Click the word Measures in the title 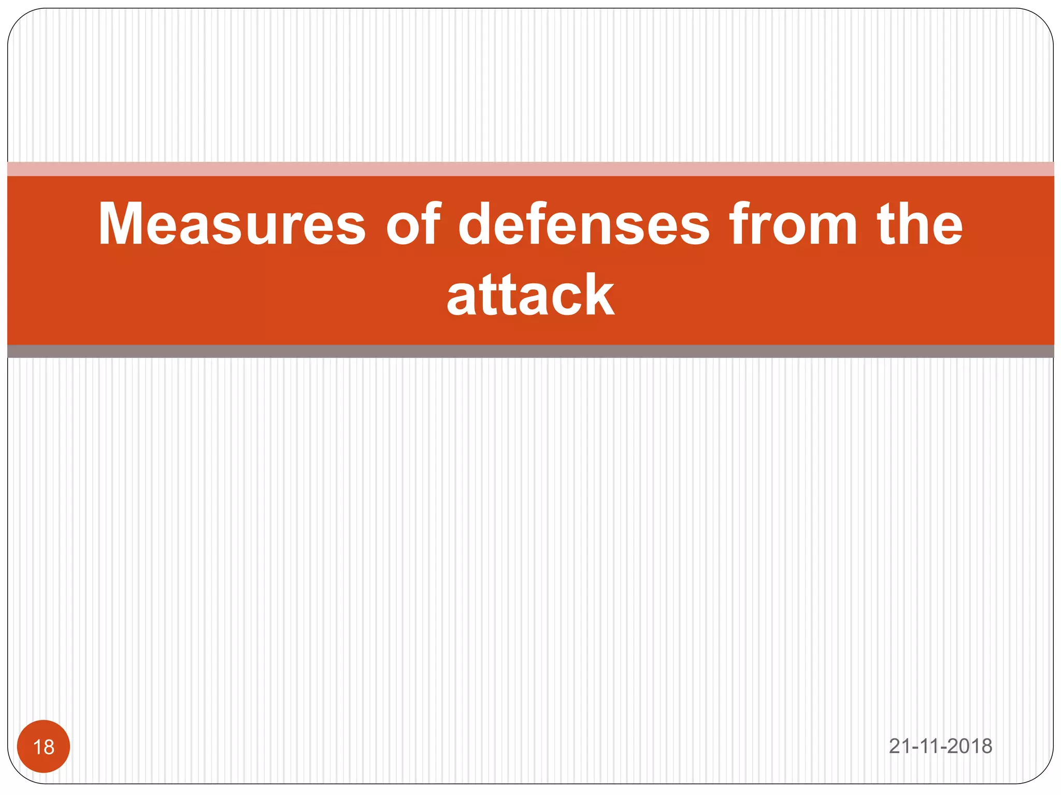pyautogui.click(x=232, y=224)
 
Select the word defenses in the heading pyautogui.click(x=584, y=224)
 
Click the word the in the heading pyautogui.click(x=920, y=224)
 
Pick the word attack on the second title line pyautogui.click(x=530, y=295)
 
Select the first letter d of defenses pyautogui.click(x=477, y=224)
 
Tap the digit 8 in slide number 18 pyautogui.click(x=49, y=747)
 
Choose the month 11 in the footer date pyautogui.click(x=929, y=746)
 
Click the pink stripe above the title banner pyautogui.click(x=530, y=169)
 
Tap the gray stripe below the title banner pyautogui.click(x=530, y=351)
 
